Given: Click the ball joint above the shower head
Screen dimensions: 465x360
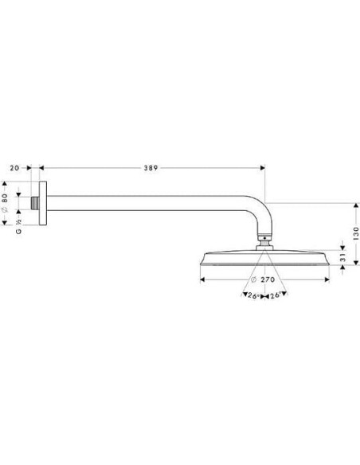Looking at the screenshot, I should [x=264, y=237].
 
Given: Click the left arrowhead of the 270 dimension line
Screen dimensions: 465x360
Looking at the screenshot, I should [x=202, y=280].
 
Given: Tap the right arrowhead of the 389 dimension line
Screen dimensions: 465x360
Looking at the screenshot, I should [x=262, y=168].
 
